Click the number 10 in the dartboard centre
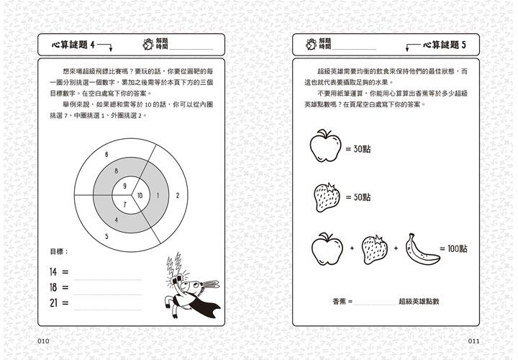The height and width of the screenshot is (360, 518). click(140, 195)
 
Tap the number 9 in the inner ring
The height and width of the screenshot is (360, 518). click(125, 186)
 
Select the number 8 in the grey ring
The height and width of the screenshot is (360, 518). click(115, 171)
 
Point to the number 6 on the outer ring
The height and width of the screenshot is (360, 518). click(106, 155)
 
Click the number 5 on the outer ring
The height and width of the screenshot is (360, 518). click(106, 235)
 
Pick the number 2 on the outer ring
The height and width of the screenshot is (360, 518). click(177, 195)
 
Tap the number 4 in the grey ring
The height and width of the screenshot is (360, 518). click(115, 220)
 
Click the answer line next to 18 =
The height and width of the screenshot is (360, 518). click(108, 290)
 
